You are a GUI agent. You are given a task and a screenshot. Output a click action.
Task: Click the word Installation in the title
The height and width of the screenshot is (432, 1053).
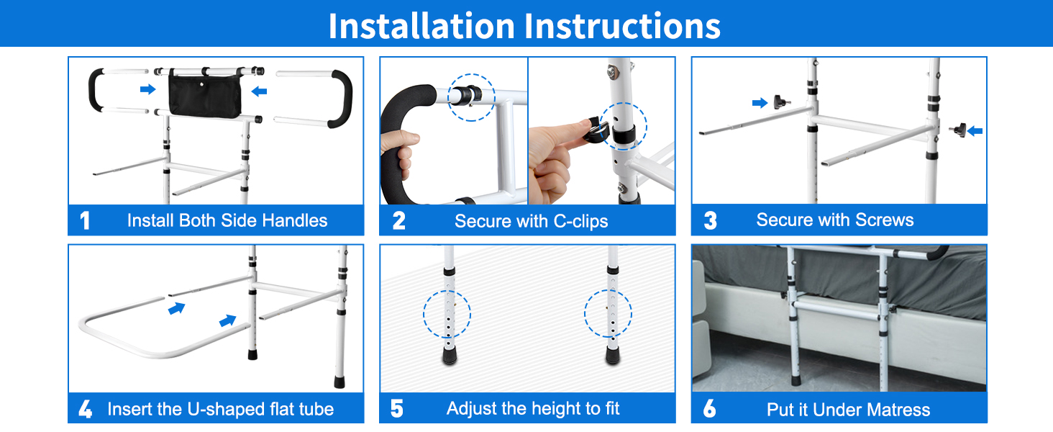coord(421,26)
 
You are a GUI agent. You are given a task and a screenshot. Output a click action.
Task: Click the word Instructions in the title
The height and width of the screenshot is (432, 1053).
coord(623,26)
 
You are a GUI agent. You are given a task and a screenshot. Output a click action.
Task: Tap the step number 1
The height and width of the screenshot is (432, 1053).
coord(85,221)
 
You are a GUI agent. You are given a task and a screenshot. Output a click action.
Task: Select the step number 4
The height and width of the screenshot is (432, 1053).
coord(85,409)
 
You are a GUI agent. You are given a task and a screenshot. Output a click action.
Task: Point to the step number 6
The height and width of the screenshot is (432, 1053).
coord(709,408)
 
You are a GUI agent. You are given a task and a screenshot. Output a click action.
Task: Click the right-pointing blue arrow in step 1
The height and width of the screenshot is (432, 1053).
coord(147,89)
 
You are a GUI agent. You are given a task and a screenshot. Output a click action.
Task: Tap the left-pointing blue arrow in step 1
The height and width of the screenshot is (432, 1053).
coord(259,91)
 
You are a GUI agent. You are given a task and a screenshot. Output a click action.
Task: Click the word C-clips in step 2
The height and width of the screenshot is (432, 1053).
coord(580,221)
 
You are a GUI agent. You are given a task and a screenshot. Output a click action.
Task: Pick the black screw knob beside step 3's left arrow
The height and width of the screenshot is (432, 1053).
coord(781,102)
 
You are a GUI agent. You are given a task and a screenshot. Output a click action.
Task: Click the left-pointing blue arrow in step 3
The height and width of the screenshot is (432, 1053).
coord(975,131)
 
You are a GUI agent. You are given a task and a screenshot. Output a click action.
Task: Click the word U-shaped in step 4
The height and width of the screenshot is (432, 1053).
coord(221,410)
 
